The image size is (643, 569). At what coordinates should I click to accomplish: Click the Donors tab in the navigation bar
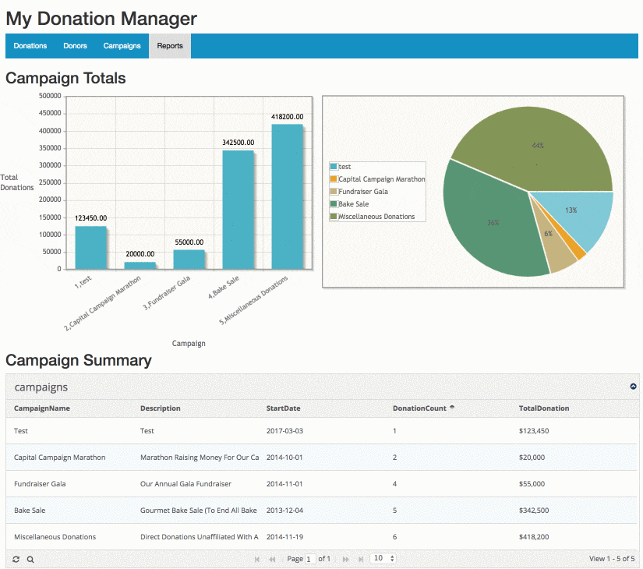75,46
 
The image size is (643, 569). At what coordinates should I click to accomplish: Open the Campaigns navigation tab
122,46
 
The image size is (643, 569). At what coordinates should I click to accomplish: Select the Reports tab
170,46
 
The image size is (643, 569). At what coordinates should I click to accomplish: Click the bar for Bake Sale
238,210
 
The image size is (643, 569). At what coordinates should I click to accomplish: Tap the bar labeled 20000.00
140,266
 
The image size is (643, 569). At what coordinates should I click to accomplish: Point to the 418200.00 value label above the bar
287,117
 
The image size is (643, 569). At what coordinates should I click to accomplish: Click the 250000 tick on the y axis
50,182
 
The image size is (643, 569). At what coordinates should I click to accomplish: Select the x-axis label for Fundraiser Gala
167,292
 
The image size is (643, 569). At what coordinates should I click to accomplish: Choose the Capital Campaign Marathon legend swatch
334,178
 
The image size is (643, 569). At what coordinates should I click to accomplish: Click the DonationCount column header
419,408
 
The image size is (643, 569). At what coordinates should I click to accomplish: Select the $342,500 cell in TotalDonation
534,511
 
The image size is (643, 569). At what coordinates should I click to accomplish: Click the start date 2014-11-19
284,536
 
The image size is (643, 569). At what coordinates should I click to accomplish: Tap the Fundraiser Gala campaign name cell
40,484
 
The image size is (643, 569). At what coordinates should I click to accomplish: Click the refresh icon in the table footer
16,559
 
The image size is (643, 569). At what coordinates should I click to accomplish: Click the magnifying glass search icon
30,559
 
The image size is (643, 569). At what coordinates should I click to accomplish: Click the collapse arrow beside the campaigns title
633,387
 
